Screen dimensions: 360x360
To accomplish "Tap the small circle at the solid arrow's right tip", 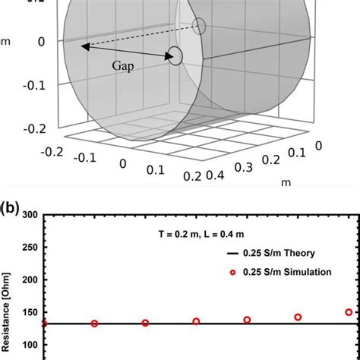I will coord(175,56).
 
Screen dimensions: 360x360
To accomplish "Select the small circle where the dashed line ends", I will coord(200,27).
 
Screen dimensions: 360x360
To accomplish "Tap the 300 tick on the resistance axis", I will coord(30,215).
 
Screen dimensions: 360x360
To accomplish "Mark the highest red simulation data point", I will coord(349,312).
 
